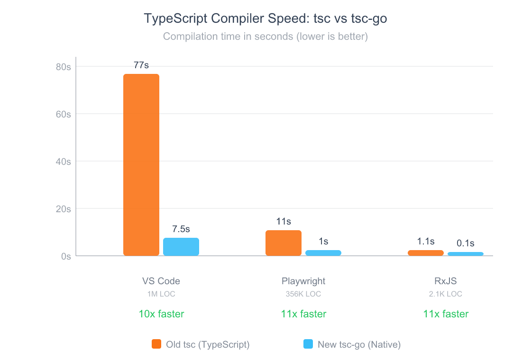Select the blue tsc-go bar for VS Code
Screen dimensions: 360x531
[181, 247]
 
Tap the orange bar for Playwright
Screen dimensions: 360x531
[284, 243]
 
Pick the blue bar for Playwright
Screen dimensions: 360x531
[323, 253]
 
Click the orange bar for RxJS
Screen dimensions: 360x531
[426, 253]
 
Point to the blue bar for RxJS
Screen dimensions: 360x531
[466, 254]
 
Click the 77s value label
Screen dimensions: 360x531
[141, 65]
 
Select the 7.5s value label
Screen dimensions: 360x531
[181, 229]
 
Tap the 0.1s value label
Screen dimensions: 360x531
[466, 243]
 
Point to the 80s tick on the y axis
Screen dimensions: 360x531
[63, 67]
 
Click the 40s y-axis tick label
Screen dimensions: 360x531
[63, 162]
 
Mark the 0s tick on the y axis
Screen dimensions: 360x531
[65, 256]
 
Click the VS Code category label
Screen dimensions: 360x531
[161, 281]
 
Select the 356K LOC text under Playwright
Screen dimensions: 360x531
[303, 294]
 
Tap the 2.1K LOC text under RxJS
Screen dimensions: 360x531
[446, 294]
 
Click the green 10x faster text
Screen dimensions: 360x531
[161, 314]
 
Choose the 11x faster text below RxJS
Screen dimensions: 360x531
[446, 314]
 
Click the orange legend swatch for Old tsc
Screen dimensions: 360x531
[156, 344]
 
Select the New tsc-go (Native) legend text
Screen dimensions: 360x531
[359, 345]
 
